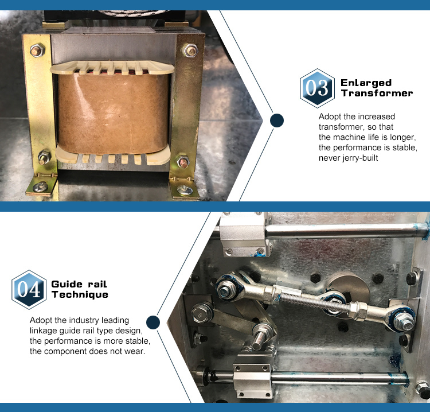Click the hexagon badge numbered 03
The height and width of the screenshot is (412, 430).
[316, 88]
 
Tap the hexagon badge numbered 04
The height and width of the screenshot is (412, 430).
[29, 289]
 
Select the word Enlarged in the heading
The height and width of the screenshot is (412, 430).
[366, 83]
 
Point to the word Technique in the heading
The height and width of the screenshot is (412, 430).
[80, 294]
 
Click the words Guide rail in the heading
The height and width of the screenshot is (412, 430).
[79, 283]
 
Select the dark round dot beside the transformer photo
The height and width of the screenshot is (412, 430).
[277, 120]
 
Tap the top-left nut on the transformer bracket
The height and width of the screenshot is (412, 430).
[36, 51]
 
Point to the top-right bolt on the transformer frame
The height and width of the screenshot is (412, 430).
[190, 50]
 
